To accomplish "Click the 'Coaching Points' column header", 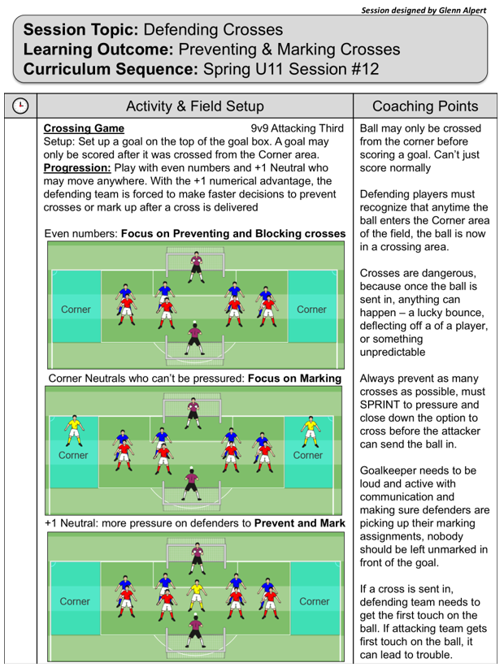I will click(424, 106).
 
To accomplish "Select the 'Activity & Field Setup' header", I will click(195, 106).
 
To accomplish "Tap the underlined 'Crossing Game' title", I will click(84, 128).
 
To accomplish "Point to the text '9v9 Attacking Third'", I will click(298, 128).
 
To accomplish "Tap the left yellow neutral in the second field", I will click(74, 430).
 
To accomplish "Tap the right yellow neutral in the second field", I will click(309, 430).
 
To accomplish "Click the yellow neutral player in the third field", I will click(195, 592).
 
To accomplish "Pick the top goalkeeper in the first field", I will click(195, 266).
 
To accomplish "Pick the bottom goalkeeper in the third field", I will click(194, 630).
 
